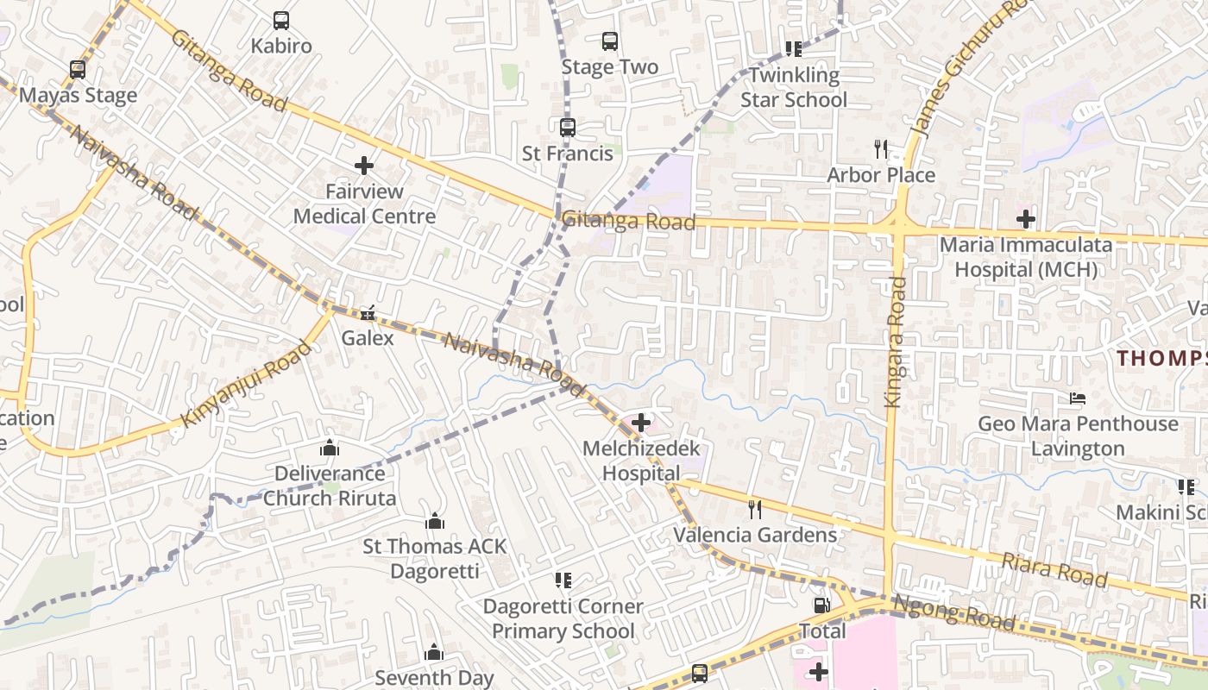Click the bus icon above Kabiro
point(280,20)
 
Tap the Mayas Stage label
point(78,95)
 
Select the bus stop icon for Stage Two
point(609,41)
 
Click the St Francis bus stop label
point(568,154)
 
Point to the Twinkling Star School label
point(794,87)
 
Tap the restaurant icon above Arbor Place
point(880,149)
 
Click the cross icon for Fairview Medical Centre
point(364,165)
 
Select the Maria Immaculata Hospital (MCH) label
point(1025,257)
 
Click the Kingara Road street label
point(894,342)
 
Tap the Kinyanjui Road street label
point(246,384)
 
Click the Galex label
point(368,338)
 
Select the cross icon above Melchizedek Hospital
point(641,423)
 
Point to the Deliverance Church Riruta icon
point(329,448)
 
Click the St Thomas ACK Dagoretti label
point(435,558)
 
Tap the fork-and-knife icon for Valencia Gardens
point(755,509)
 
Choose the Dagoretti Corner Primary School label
point(563,618)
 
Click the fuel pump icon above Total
point(822,605)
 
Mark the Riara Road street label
point(1054,570)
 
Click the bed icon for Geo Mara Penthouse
point(1077,398)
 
